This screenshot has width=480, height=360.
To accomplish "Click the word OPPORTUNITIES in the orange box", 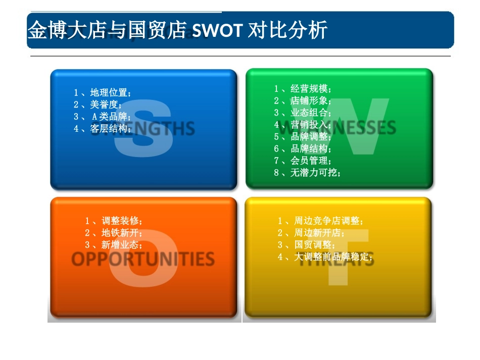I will [x=143, y=260].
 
